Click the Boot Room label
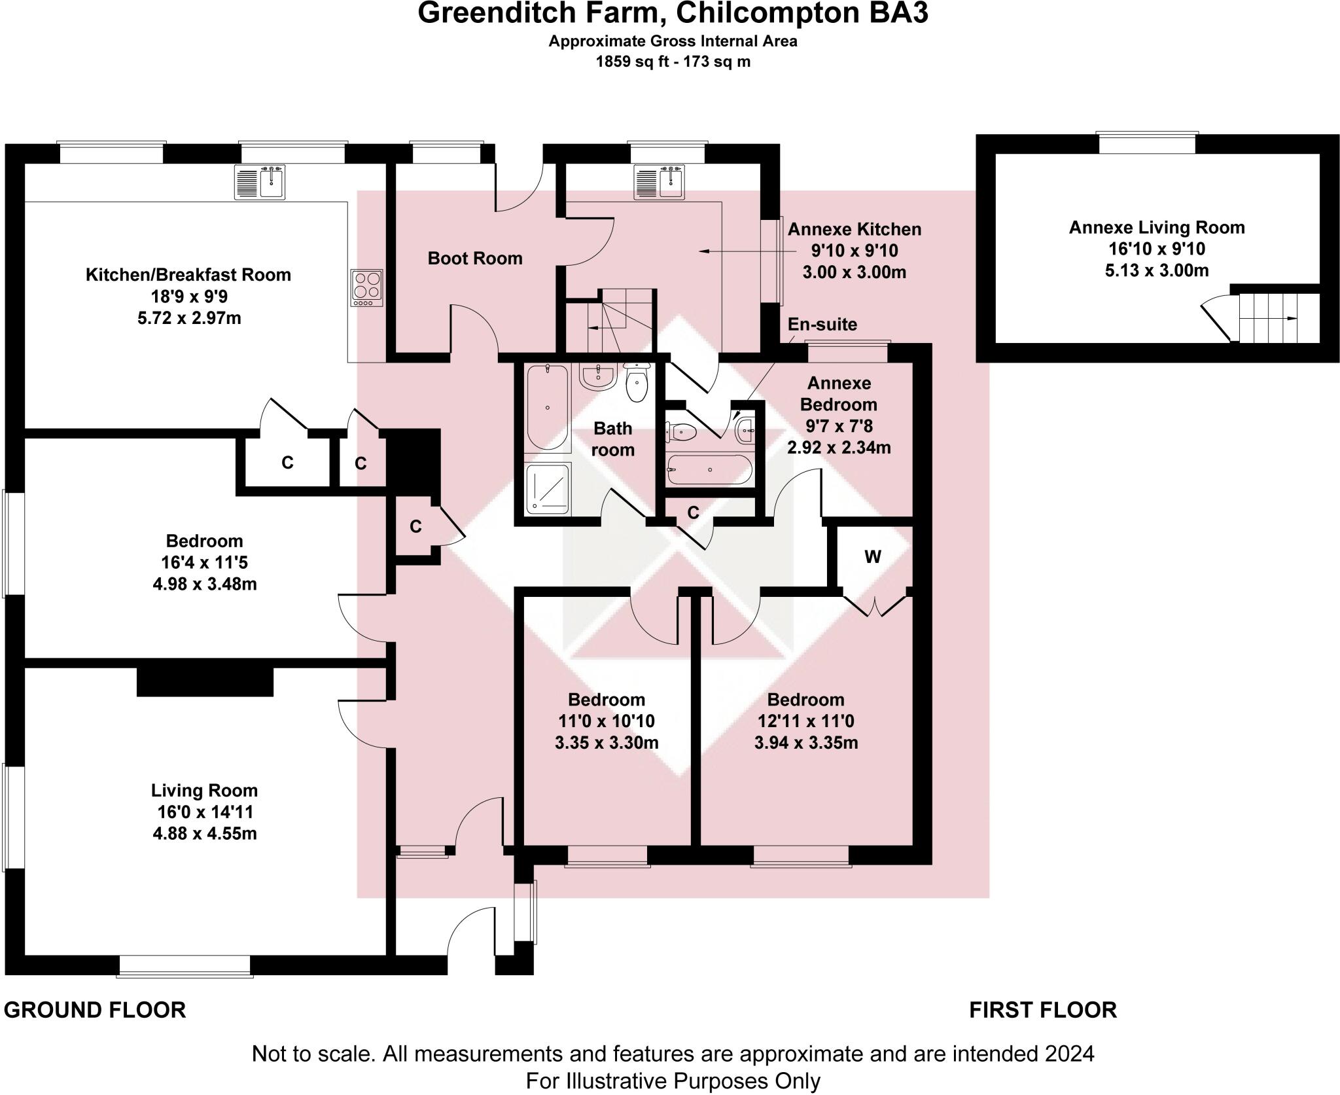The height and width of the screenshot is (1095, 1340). [x=474, y=259]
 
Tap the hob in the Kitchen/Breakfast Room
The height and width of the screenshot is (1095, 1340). [x=366, y=288]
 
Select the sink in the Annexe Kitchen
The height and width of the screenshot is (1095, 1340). [x=660, y=183]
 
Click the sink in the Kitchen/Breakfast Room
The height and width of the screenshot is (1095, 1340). [x=260, y=182]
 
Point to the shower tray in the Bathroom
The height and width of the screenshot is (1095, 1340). [x=548, y=488]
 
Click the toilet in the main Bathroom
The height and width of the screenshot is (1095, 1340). [x=636, y=383]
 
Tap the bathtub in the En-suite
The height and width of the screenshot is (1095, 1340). [x=709, y=470]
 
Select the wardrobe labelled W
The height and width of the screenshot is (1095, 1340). [x=872, y=558]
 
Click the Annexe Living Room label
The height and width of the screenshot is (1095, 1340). [x=1156, y=228]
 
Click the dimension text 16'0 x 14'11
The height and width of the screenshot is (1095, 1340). [x=205, y=812]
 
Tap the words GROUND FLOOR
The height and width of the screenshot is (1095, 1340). [x=95, y=1010]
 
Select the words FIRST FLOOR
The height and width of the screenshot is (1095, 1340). [x=1042, y=1010]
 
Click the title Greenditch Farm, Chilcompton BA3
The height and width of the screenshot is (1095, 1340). [x=673, y=14]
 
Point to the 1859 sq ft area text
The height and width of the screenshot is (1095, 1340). [x=673, y=62]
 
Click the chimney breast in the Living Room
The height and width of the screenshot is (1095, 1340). [x=205, y=681]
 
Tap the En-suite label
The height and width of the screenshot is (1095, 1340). [x=822, y=325]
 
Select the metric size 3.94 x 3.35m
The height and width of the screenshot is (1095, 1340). [x=806, y=743]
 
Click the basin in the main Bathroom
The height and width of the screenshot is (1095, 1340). [x=596, y=377]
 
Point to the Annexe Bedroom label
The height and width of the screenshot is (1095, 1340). [x=839, y=393]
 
